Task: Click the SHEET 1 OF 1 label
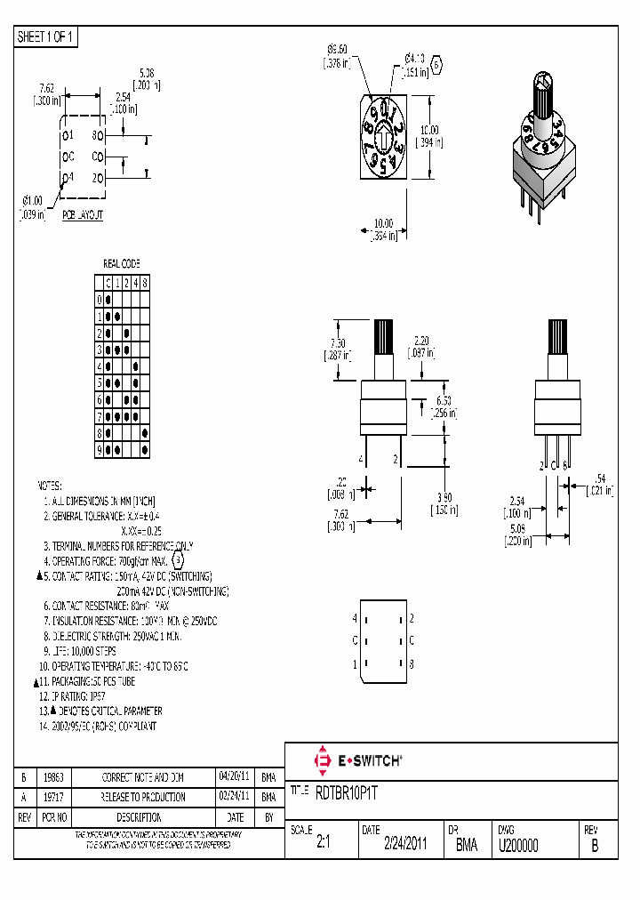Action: (47, 37)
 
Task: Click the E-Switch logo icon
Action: (322, 760)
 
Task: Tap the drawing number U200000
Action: (518, 846)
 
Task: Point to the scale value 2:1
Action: (323, 846)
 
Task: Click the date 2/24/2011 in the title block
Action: (404, 846)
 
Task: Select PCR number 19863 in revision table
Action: (55, 776)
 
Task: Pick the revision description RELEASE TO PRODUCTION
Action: (143, 797)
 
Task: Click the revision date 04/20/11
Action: (234, 776)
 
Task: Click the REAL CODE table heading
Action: (122, 264)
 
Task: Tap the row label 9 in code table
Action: (100, 450)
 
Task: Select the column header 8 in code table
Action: (145, 283)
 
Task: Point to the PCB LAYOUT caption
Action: (83, 215)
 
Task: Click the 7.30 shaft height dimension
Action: (338, 343)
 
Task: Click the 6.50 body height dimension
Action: (444, 401)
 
